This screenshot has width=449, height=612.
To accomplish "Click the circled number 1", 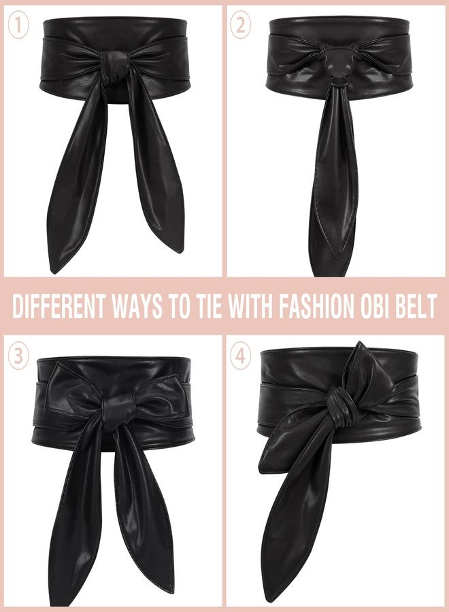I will click(x=19, y=26).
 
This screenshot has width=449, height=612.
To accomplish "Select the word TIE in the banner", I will click(x=210, y=307).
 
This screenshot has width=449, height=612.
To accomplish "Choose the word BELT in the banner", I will click(x=416, y=307).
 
